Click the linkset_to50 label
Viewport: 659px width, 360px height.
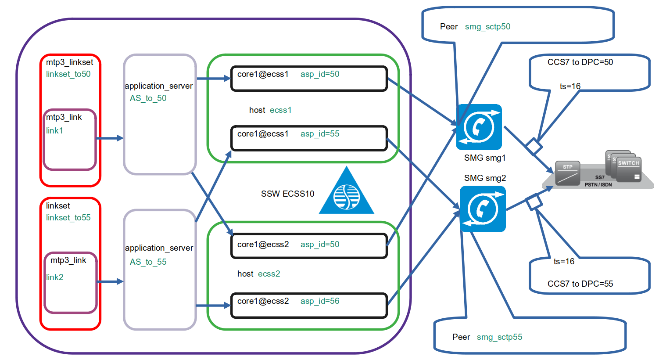click(x=68, y=74)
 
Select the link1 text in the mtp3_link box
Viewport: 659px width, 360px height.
click(x=54, y=130)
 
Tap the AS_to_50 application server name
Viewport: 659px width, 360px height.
click(x=148, y=98)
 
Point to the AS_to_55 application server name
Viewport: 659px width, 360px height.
click(x=148, y=262)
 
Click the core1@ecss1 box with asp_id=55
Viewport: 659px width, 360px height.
click(x=309, y=138)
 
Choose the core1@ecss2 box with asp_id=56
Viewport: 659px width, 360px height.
click(x=309, y=305)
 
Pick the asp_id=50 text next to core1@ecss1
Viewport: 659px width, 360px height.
click(x=320, y=74)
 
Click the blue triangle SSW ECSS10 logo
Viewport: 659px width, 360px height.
click(x=347, y=193)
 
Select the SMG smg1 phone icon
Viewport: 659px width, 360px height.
click(x=479, y=127)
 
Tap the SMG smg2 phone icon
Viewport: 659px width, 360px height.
click(x=483, y=209)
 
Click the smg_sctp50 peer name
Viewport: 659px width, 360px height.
click(x=487, y=27)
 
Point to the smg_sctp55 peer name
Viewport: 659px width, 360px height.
click(x=499, y=337)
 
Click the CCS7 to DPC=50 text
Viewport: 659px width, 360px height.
click(x=580, y=62)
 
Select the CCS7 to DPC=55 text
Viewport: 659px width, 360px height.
click(x=580, y=284)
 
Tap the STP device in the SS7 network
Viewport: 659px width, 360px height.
click(x=567, y=173)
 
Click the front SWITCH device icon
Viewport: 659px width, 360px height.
click(x=629, y=169)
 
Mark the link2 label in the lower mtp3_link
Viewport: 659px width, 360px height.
click(x=55, y=277)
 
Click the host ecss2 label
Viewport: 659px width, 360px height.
click(x=258, y=274)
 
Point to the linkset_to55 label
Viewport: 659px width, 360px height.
click(x=68, y=218)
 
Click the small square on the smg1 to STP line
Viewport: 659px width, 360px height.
click(x=534, y=146)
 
